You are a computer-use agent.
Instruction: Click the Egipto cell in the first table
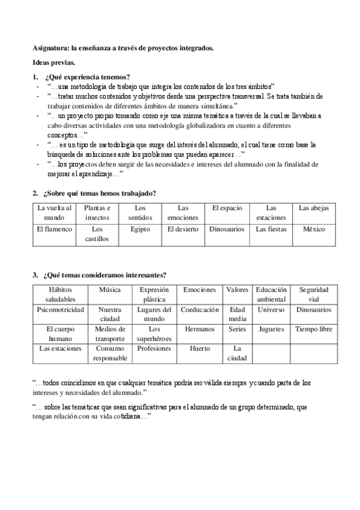click(140, 229)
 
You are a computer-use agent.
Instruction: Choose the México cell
click(314, 229)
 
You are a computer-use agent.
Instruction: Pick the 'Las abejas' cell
click(314, 208)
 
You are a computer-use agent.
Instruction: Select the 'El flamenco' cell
click(54, 229)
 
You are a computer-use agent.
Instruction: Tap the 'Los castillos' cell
click(97, 233)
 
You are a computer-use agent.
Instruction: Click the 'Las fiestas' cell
click(271, 229)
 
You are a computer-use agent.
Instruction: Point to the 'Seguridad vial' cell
click(314, 294)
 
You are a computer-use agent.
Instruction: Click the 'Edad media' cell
click(237, 314)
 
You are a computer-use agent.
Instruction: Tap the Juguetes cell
click(271, 329)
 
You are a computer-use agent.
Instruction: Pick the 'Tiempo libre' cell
click(314, 329)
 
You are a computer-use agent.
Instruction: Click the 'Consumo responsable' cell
click(110, 353)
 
